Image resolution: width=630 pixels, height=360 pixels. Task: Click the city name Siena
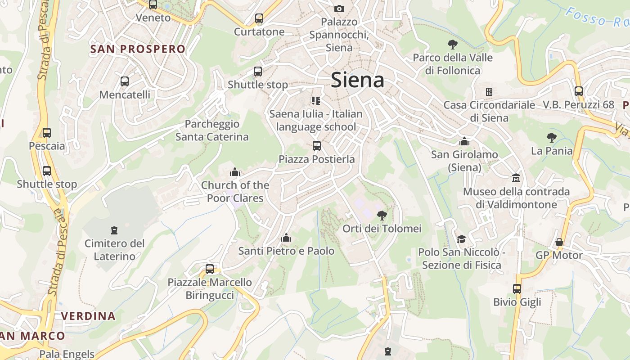coord(357,80)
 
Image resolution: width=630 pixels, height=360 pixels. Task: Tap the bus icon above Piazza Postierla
coord(317,146)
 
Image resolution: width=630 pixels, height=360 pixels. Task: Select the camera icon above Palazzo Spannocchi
coord(339,9)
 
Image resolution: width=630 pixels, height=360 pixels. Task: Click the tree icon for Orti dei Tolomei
coord(382,215)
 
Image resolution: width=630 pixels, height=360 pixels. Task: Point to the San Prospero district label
coord(138,49)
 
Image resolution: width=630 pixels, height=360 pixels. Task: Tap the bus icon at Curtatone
coord(259,18)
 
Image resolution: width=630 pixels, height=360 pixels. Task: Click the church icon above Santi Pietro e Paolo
coord(286,238)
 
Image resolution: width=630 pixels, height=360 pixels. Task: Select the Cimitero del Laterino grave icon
coord(114,230)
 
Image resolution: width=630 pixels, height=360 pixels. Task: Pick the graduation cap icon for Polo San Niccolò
coord(461,238)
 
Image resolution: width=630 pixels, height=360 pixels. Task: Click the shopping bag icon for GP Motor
coord(559,242)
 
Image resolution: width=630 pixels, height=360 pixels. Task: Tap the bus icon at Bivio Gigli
coord(517,288)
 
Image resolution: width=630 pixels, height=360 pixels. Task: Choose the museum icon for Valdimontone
coord(516,178)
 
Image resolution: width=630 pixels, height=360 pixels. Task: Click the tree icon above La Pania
coord(551,137)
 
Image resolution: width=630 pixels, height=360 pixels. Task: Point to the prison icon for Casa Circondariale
coord(489,92)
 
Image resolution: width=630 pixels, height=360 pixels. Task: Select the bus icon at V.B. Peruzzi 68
coord(579,91)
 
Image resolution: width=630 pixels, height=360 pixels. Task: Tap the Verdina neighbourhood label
coord(88,316)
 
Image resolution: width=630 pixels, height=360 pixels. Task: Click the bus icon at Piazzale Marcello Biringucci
coord(210,269)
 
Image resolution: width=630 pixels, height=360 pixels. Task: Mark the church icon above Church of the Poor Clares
coord(235,172)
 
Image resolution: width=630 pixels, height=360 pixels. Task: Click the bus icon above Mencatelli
coord(125,81)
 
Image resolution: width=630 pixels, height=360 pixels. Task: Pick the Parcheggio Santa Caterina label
coord(212,130)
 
